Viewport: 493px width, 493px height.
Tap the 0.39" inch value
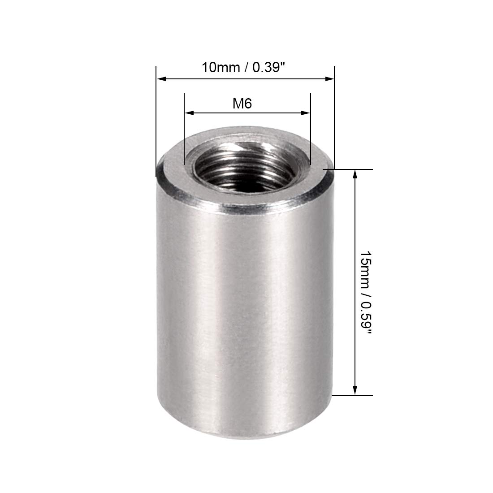coord(269,68)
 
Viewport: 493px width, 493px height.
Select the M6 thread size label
coord(242,104)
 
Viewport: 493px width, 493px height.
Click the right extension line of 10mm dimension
coord(334,117)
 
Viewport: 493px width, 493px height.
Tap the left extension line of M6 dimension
coord(184,130)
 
